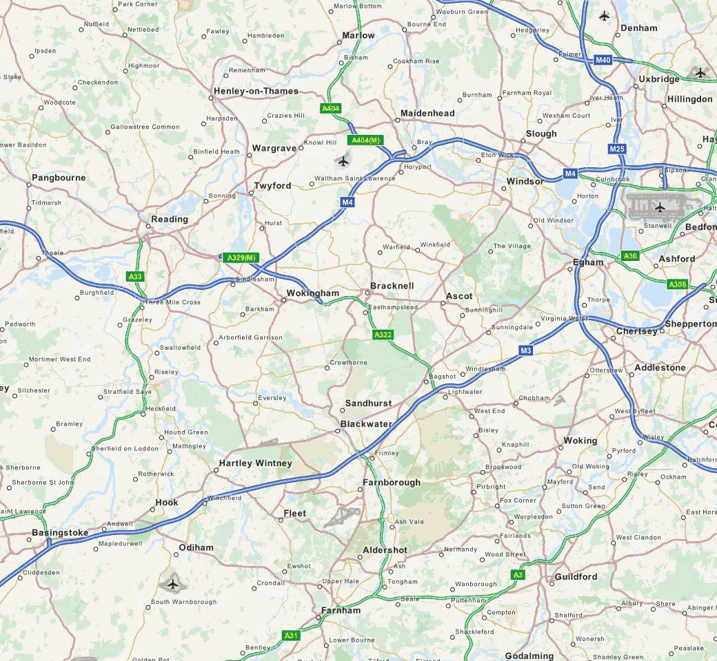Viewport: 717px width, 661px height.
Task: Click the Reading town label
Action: pyautogui.click(x=170, y=219)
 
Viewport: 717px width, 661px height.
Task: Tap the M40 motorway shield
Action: pyautogui.click(x=603, y=61)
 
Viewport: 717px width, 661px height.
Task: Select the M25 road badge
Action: pyautogui.click(x=617, y=149)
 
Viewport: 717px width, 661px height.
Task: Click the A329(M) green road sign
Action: pyautogui.click(x=242, y=258)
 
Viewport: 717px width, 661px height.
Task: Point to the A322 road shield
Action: pyautogui.click(x=383, y=335)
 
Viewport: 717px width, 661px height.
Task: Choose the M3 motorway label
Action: pyautogui.click(x=526, y=350)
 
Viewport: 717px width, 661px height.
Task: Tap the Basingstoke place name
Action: pyautogui.click(x=60, y=532)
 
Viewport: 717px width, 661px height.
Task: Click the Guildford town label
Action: pyautogui.click(x=574, y=576)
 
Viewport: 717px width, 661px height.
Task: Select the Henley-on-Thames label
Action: pyautogui.click(x=256, y=91)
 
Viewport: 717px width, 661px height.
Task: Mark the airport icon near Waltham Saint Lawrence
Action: pyautogui.click(x=343, y=162)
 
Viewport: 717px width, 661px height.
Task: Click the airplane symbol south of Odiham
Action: pyautogui.click(x=172, y=585)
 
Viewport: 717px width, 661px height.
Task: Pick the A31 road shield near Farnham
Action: pyautogui.click(x=291, y=636)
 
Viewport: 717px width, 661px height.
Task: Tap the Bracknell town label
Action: pyautogui.click(x=392, y=285)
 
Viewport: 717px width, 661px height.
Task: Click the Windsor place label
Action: pyautogui.click(x=525, y=181)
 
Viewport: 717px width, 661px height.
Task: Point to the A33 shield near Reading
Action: pyautogui.click(x=135, y=276)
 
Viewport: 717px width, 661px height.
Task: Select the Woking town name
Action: pyautogui.click(x=580, y=440)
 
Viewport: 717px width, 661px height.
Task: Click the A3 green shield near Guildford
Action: pyautogui.click(x=518, y=574)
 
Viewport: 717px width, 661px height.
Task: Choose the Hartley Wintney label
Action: pyautogui.click(x=255, y=463)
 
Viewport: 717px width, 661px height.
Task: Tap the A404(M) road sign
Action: pyautogui.click(x=365, y=140)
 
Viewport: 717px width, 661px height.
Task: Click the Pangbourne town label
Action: pyautogui.click(x=59, y=178)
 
